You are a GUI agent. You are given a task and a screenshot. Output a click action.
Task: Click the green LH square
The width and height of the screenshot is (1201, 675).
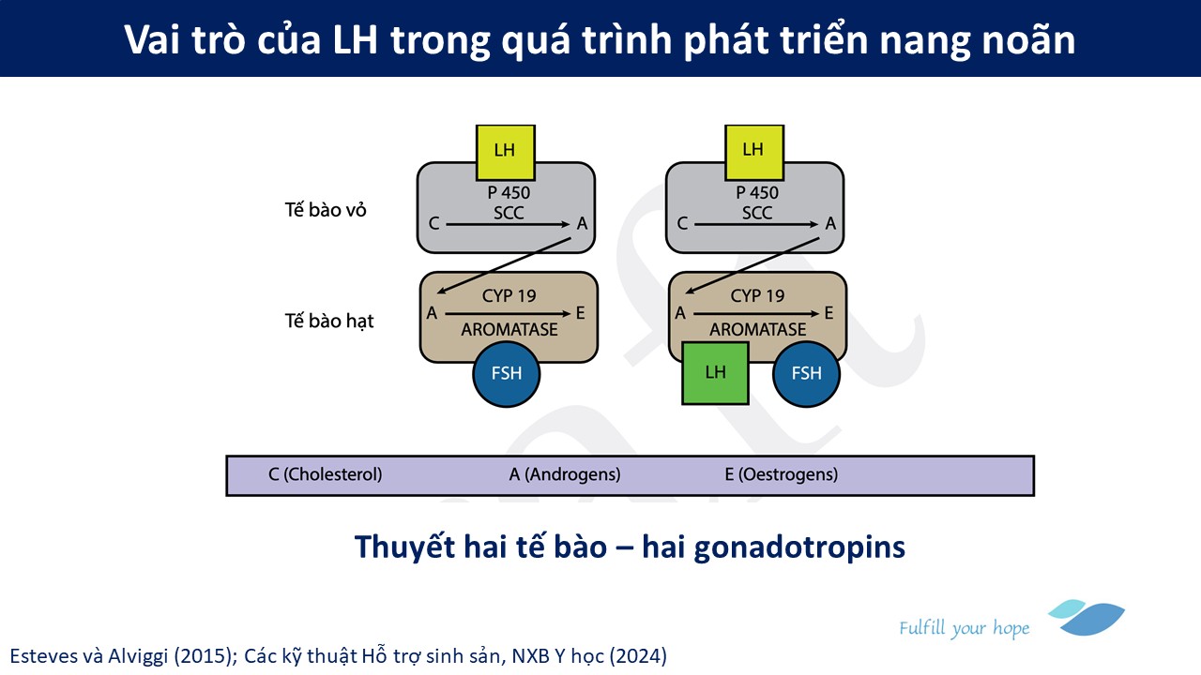715,373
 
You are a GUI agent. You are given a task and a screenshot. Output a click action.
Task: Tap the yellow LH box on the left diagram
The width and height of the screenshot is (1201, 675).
505,153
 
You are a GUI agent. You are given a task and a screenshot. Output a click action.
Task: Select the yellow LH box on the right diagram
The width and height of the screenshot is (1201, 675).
753,153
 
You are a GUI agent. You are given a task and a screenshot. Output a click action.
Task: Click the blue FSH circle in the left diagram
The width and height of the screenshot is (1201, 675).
506,374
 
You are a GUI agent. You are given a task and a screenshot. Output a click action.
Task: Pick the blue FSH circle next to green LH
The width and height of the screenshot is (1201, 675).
806,374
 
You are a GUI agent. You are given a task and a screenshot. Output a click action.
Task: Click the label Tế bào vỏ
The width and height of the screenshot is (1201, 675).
326,210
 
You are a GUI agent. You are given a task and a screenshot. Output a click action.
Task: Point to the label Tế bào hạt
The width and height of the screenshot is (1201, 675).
329,321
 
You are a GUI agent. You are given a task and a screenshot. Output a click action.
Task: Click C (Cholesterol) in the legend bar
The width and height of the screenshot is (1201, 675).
325,474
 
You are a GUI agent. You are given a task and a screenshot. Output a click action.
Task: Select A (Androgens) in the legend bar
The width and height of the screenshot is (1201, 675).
565,474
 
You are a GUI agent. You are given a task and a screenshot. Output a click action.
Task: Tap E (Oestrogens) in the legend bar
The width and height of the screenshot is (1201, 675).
782,474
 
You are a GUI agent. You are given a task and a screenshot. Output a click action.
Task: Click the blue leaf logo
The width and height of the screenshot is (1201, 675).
1087,617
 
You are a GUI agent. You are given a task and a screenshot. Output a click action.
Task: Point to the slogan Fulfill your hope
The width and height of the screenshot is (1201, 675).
964,628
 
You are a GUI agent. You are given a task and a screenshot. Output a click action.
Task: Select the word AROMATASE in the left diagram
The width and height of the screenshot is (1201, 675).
509,329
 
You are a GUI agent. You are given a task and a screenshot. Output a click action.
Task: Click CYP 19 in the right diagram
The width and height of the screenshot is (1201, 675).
757,295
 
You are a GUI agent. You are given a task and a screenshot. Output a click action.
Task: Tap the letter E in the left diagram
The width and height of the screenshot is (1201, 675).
580,313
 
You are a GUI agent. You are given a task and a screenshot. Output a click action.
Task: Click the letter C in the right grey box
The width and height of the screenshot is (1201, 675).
682,223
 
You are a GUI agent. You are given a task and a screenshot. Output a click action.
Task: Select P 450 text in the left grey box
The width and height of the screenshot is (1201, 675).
509,192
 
